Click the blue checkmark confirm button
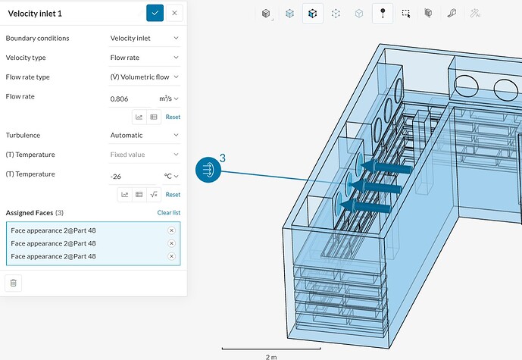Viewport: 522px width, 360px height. point(155,14)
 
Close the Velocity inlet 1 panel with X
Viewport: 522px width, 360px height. point(174,14)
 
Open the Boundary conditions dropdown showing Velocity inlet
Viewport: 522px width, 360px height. point(145,39)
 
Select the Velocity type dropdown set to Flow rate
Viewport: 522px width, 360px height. point(145,58)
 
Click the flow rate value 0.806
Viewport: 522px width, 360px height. point(119,99)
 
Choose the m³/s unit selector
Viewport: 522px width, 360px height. point(169,99)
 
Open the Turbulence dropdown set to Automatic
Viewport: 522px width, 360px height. point(145,135)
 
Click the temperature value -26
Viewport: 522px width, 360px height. point(116,177)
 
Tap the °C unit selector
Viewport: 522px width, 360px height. point(171,176)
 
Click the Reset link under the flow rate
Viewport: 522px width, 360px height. point(173,117)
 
